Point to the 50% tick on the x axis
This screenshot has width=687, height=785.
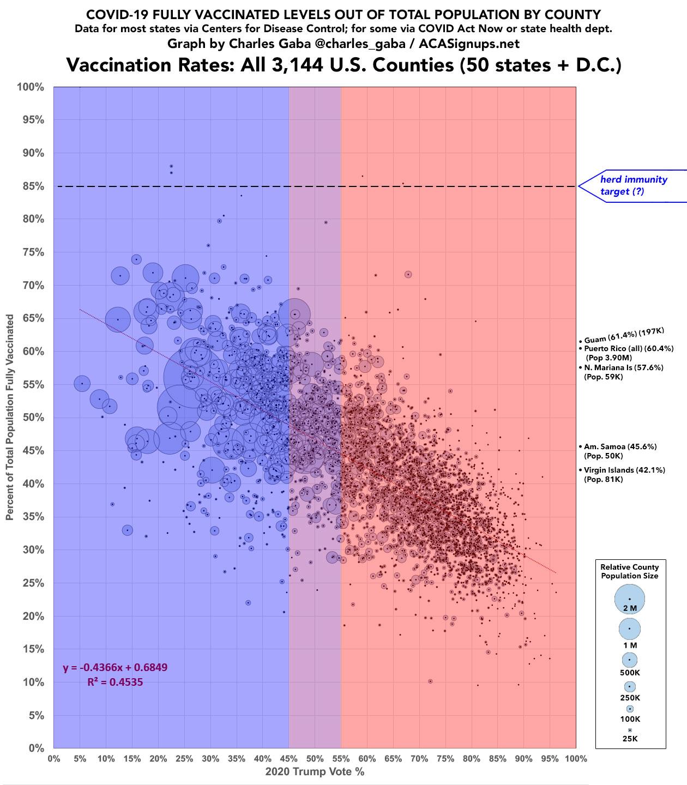point(315,758)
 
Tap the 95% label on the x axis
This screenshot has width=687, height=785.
point(550,758)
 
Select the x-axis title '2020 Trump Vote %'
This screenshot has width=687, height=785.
point(315,772)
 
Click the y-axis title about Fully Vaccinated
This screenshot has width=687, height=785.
point(10,418)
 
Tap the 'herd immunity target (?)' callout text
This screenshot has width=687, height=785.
point(633,185)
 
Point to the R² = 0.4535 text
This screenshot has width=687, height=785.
point(115,681)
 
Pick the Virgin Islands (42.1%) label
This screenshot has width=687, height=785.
point(624,470)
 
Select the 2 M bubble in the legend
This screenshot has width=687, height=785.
point(629,599)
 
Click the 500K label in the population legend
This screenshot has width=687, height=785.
point(629,673)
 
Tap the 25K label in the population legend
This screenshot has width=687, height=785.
point(629,739)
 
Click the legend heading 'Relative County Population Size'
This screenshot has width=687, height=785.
point(629,571)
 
